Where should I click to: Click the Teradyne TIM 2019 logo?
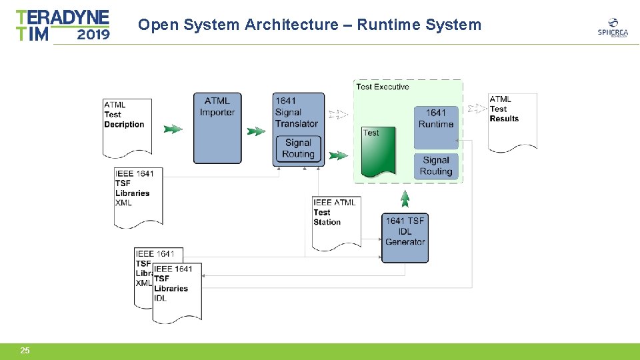pos(63,25)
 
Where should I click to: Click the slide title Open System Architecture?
pos(309,25)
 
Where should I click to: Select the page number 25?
pos(25,351)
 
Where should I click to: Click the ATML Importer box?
pos(217,127)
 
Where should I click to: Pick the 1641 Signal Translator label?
pos(296,113)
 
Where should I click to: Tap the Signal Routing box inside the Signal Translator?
pos(298,149)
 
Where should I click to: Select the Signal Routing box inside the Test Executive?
pos(436,166)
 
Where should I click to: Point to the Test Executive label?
pos(383,87)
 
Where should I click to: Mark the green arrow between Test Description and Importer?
pos(173,129)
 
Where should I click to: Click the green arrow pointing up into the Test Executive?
pos(405,198)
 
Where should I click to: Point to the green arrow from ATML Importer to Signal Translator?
pos(256,131)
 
